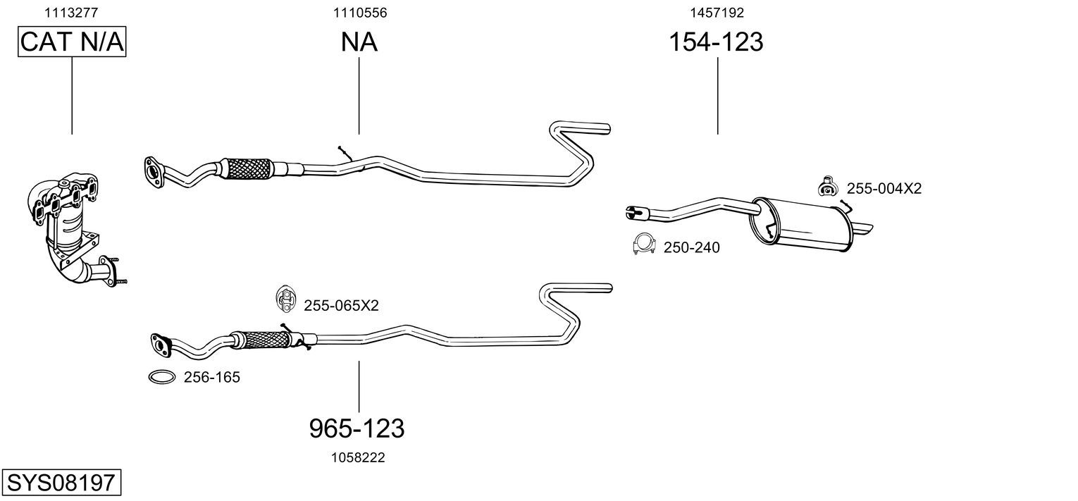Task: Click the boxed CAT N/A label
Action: [x=72, y=42]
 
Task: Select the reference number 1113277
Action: [x=71, y=13]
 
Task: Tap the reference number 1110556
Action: [x=360, y=13]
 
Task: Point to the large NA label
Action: [x=359, y=42]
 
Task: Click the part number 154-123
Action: [x=716, y=42]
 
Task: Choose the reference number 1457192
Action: [x=717, y=13]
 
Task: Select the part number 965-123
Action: [x=357, y=428]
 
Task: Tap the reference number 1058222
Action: [x=358, y=457]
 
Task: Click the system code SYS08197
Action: [x=61, y=482]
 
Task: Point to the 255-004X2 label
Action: [x=884, y=188]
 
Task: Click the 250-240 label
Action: [x=692, y=247]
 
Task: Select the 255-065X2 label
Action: [x=341, y=305]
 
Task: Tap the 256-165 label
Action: [x=212, y=377]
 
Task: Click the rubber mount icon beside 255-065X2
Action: [x=285, y=297]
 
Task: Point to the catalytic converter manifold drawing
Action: [x=72, y=228]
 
